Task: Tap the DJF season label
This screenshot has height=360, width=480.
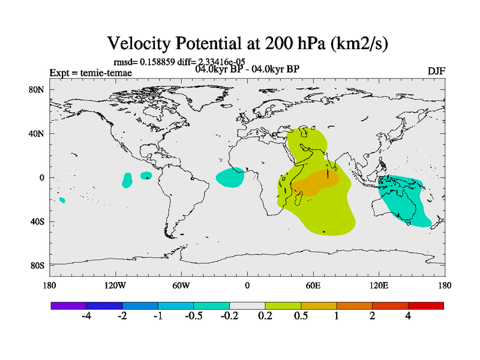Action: [436, 71]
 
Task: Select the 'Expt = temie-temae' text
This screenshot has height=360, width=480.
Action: [91, 73]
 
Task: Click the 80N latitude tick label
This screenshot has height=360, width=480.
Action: [37, 90]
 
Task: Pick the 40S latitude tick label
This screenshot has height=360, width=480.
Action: [37, 221]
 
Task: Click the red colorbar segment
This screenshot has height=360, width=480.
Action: [426, 305]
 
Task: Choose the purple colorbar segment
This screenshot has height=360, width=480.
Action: [68, 305]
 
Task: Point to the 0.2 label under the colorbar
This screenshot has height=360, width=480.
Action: [265, 316]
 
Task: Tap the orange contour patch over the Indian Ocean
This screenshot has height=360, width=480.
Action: [315, 183]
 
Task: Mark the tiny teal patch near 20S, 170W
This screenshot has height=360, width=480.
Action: [62, 200]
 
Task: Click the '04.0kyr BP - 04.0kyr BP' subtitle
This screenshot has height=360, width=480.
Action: [247, 69]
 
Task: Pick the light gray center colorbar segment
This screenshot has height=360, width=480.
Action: [247, 305]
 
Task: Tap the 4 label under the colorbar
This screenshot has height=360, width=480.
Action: [408, 316]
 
